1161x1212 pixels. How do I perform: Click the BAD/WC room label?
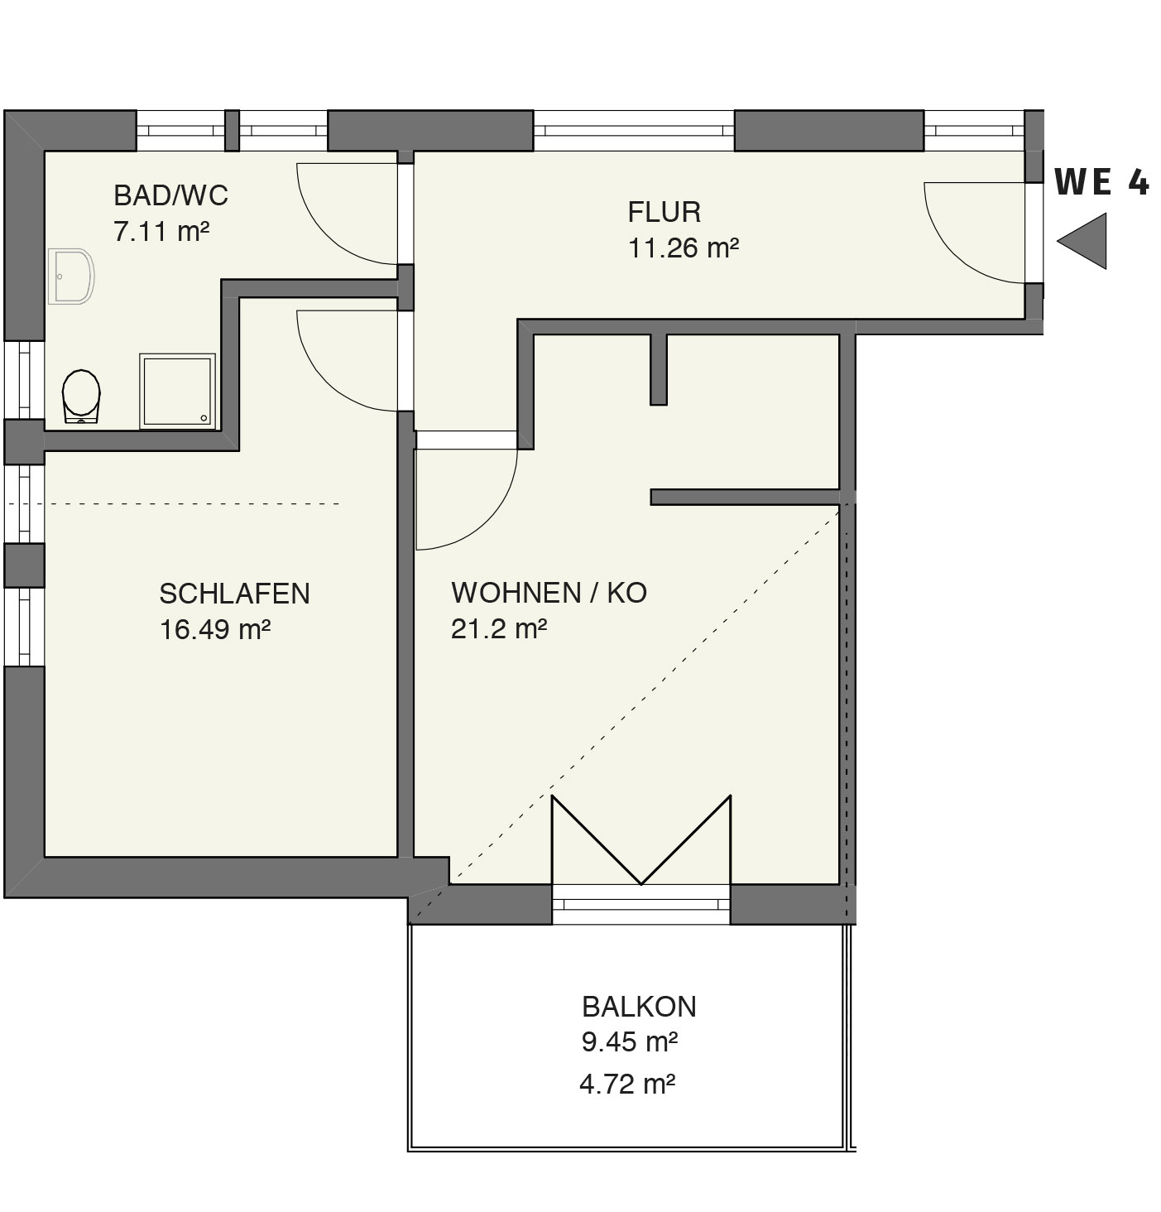(171, 195)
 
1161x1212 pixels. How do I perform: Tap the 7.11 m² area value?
(161, 232)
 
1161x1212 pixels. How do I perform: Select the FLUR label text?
(664, 213)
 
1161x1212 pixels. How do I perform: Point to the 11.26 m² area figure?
(684, 248)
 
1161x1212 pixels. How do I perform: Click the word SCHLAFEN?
(235, 594)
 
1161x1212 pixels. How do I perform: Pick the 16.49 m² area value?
(215, 630)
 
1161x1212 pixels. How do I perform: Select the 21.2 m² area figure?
(499, 629)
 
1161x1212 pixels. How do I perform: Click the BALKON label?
(640, 1007)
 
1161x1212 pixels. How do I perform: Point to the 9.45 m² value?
(630, 1042)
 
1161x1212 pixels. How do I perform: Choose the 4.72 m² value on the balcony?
(627, 1085)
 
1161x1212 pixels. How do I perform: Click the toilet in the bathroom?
(82, 396)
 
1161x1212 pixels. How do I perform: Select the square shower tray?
(177, 391)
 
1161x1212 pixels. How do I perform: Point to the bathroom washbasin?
(72, 277)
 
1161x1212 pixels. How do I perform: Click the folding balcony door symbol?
(641, 839)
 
